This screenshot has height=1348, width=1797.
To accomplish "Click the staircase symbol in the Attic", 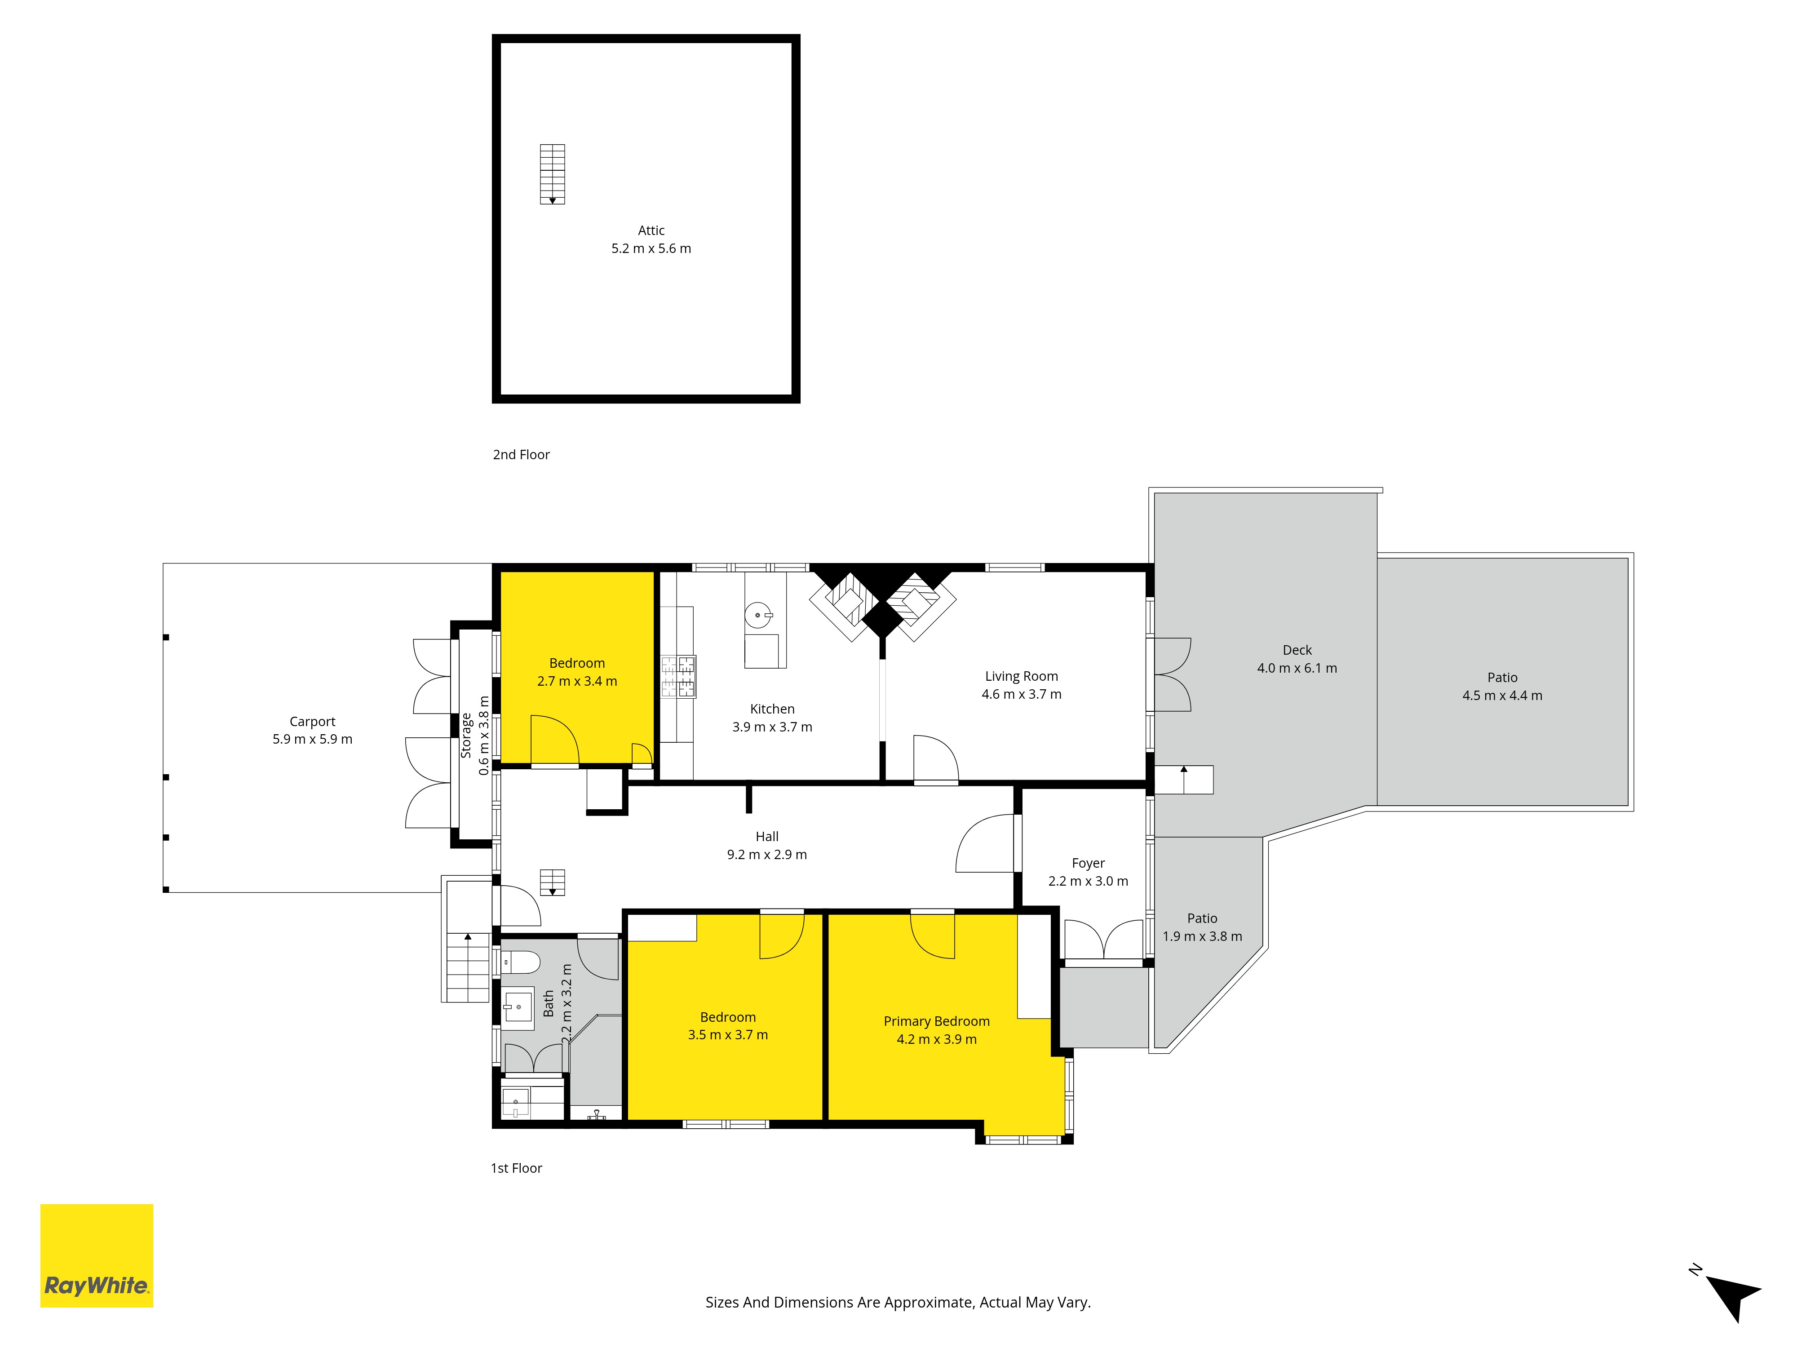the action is click(x=553, y=174).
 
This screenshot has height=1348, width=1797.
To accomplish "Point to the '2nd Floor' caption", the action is click(x=522, y=455).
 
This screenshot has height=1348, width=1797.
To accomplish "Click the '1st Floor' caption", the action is click(x=517, y=1168).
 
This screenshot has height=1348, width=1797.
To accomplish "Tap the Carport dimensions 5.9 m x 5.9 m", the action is click(x=313, y=740).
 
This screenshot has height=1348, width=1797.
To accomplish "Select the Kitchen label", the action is click(x=773, y=709).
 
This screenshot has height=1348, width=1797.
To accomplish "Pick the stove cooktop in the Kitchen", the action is click(x=678, y=677).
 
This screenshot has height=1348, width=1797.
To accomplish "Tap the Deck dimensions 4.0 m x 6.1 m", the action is click(x=1297, y=668).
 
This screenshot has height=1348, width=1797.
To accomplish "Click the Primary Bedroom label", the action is click(x=937, y=1021).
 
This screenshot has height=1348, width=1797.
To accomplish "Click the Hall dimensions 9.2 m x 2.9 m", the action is click(x=767, y=855).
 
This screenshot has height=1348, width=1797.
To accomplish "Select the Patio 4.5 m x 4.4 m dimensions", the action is click(x=1502, y=696).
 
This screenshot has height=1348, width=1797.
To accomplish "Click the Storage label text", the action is click(x=466, y=736).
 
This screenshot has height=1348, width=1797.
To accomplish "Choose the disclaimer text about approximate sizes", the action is click(x=898, y=1303).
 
